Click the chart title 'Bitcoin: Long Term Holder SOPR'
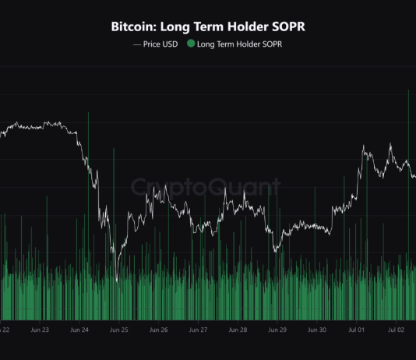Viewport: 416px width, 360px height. click(207, 26)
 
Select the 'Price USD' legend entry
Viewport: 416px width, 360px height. click(160, 44)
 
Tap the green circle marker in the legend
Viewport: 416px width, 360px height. click(191, 44)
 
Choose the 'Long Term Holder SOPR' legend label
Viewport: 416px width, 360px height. click(239, 44)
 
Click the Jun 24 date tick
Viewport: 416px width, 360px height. click(79, 330)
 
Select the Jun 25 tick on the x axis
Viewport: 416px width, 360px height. click(119, 330)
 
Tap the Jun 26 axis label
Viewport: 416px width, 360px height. click(159, 330)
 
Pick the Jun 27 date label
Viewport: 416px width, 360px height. click(199, 330)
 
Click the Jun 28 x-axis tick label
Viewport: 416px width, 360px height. click(238, 330)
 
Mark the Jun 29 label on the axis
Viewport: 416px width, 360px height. click(278, 330)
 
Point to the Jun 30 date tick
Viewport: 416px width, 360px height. click(318, 330)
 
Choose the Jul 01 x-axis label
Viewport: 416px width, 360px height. click(358, 330)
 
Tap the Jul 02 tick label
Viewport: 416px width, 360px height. click(397, 330)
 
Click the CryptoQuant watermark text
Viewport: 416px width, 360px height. click(206, 187)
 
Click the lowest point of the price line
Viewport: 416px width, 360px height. click(116, 281)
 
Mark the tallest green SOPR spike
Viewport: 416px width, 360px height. click(408, 92)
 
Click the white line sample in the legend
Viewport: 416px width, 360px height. click(137, 44)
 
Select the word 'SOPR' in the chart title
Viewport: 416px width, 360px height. click(285, 26)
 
